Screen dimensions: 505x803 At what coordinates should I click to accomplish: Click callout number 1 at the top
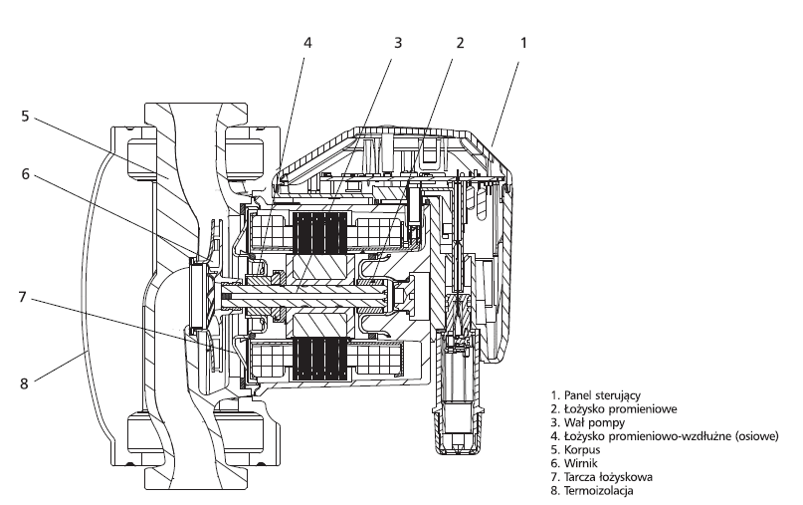pos(522,43)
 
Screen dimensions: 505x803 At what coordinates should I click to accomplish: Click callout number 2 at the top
pos(460,43)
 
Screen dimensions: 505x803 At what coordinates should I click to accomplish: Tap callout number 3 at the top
pos(398,43)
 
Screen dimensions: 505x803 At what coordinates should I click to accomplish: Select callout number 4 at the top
pos(307,43)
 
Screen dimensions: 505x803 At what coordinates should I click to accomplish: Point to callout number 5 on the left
pos(25,116)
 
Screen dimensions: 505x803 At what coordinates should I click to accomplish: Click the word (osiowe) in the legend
pos(757,435)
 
